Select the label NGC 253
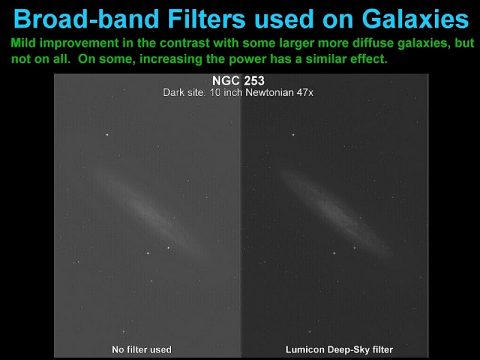point(239,80)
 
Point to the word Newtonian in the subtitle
point(265,92)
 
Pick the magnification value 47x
point(305,92)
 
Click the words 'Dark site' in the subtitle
point(184,92)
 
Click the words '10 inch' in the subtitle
point(222,92)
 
